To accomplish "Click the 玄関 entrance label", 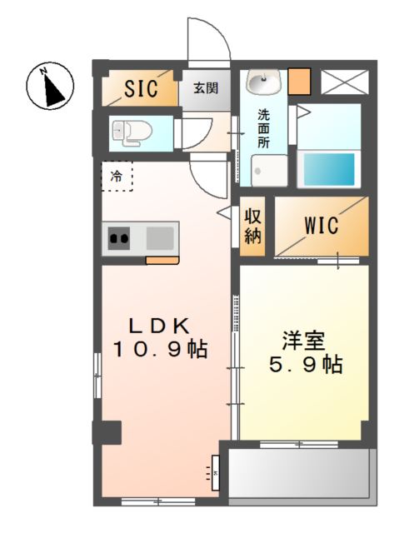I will point(205,87).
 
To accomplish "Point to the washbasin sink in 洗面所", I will point(264,83).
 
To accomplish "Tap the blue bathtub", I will point(329,169).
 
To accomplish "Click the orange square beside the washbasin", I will point(301,82).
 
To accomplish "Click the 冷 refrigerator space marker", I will point(117,176).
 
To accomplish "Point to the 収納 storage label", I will point(253,224).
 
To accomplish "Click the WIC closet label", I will point(320,225).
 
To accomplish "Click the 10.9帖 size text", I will point(160,350).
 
